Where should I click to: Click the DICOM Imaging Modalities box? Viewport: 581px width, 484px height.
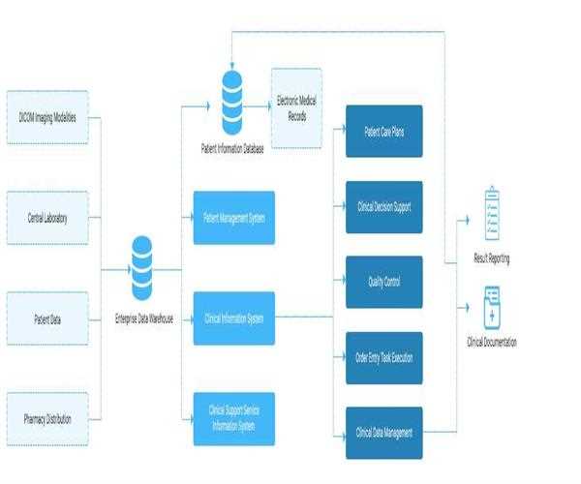47,117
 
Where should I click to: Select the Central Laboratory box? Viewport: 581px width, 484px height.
47,218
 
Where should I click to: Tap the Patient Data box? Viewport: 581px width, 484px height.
47,318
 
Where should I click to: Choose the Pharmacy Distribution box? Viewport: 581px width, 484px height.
47,418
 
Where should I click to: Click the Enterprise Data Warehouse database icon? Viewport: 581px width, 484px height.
142,269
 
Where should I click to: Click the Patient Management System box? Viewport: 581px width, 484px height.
233,218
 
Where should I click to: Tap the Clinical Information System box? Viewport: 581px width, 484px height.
233,318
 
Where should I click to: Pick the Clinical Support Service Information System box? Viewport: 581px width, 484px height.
233,418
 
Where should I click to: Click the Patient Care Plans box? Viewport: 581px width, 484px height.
383,132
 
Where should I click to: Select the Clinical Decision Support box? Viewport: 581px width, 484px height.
383,207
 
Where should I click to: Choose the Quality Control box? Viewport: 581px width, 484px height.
383,282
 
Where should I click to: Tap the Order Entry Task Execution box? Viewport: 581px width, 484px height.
383,357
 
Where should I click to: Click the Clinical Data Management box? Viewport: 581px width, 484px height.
383,432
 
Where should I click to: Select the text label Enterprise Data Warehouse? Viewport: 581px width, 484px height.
142,318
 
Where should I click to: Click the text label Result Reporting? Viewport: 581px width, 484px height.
493,258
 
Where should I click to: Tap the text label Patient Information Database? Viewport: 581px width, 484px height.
231,148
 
